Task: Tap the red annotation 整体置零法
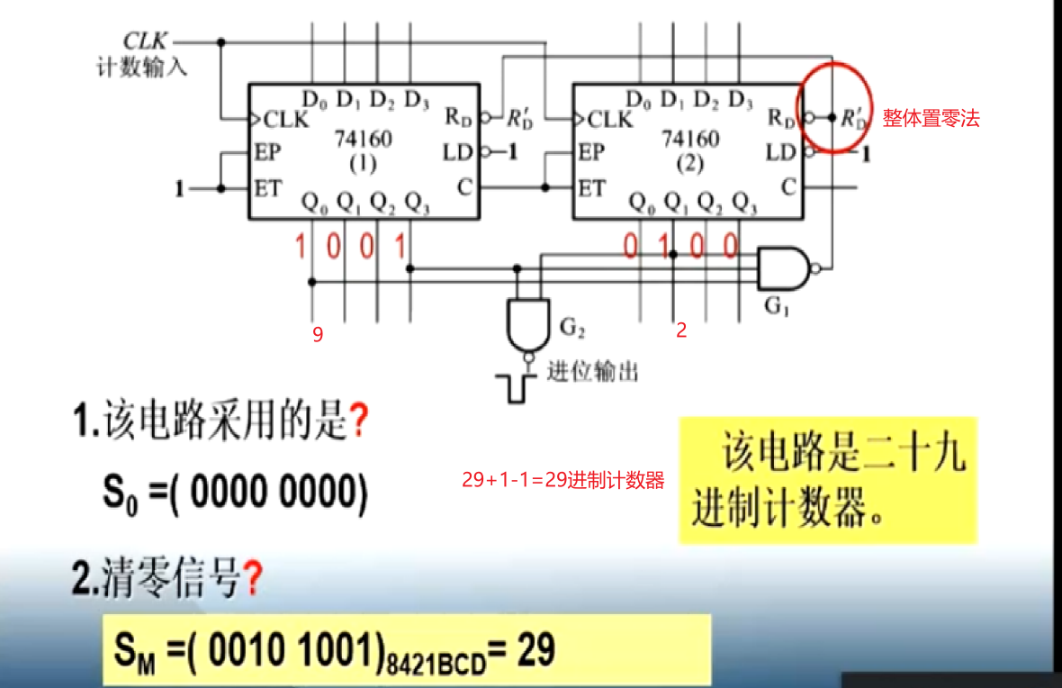931,118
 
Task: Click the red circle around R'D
834,106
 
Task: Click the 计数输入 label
142,68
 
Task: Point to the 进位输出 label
594,370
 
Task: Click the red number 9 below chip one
318,335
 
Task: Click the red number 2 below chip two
681,330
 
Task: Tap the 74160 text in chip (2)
690,140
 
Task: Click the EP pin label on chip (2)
591,152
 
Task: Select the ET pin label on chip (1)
267,188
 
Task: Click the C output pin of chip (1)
464,187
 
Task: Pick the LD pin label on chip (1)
458,152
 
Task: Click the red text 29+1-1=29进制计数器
563,480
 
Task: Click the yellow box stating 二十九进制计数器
828,480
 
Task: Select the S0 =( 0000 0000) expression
234,493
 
